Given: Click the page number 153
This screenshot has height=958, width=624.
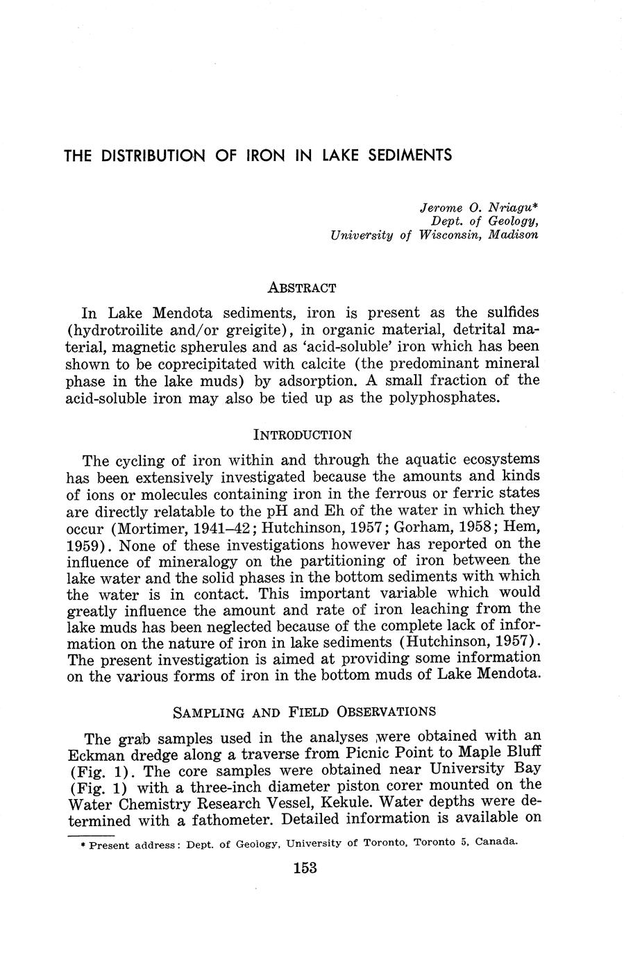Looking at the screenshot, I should click(305, 868).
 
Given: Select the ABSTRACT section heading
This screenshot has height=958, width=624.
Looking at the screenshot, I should click(302, 287).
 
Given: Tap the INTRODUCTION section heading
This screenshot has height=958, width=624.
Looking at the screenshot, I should click(303, 435).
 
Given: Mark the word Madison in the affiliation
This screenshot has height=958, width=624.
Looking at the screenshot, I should click(513, 235).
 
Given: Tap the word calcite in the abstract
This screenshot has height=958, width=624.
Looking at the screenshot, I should click(369, 363).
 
